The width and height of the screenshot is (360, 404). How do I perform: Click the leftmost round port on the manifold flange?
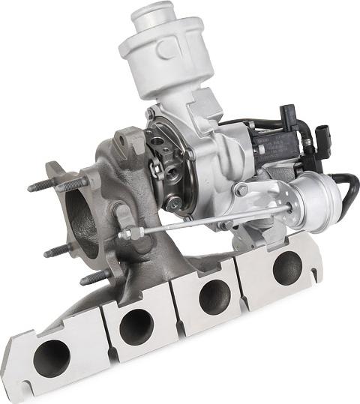[x=51, y=357]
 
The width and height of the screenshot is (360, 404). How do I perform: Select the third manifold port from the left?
[x=215, y=295]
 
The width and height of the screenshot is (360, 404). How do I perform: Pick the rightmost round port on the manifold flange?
[x=286, y=268]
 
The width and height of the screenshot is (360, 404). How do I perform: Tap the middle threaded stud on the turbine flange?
[x=56, y=250]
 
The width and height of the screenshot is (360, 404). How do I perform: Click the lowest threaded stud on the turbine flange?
[x=94, y=278]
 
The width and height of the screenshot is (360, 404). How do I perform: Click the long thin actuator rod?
[x=202, y=221]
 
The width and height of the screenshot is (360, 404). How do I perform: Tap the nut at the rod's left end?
[x=126, y=234]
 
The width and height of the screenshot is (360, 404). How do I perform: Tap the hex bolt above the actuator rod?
[x=241, y=190]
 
